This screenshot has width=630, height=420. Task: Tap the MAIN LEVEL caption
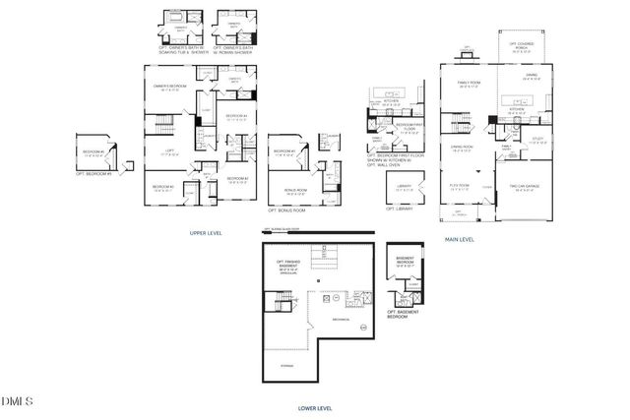pyautogui.click(x=459, y=239)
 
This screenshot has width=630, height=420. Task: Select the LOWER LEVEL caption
pyautogui.click(x=314, y=406)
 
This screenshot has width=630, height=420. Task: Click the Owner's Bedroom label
pyautogui.click(x=171, y=88)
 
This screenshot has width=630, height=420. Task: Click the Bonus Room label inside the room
pyautogui.click(x=294, y=191)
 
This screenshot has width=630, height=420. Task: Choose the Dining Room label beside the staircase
pyautogui.click(x=463, y=150)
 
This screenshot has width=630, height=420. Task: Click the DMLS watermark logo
pyautogui.click(x=17, y=400)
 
